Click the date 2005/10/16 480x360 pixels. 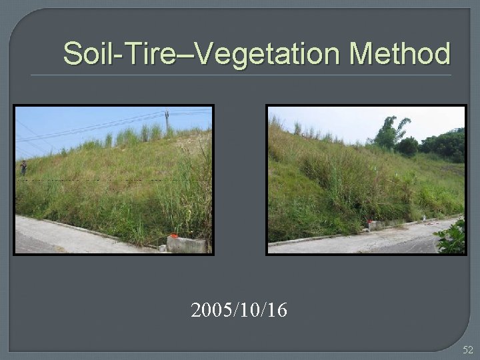[239, 310]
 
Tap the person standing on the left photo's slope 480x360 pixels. [24, 167]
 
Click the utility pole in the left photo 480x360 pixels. [167, 120]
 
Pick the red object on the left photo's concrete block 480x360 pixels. [173, 235]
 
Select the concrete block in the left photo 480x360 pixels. [187, 244]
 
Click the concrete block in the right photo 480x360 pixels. [377, 225]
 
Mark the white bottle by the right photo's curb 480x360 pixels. [423, 217]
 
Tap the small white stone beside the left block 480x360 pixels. [162, 247]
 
